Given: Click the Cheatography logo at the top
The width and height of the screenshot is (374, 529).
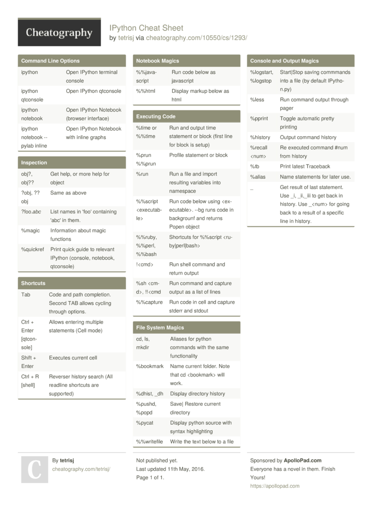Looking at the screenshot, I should pyautogui.click(x=59, y=33).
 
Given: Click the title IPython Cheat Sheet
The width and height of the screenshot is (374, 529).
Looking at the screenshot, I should pyautogui.click(x=146, y=28).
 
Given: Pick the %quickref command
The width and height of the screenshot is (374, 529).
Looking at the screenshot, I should pyautogui.click(x=32, y=249).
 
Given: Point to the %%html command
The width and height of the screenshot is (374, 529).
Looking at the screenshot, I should pyautogui.click(x=146, y=91).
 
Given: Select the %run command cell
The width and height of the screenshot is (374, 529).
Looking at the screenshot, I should pyautogui.click(x=142, y=174).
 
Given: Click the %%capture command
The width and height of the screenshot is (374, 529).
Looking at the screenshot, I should pyautogui.click(x=149, y=302).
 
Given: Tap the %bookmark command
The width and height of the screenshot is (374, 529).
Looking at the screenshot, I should pyautogui.click(x=150, y=366).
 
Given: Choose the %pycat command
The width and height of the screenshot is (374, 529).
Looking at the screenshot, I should pyautogui.click(x=145, y=423).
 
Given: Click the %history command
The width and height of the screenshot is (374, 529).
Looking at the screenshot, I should pyautogui.click(x=260, y=138).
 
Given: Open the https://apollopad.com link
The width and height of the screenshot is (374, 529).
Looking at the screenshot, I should pyautogui.click(x=275, y=486).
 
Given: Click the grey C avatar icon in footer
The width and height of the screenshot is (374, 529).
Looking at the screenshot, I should pyautogui.click(x=34, y=469).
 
